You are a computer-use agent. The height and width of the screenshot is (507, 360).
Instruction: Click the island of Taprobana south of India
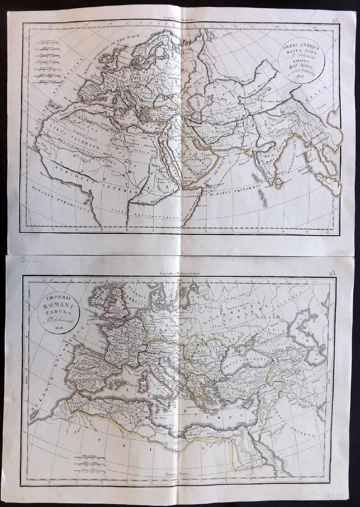pos(279,183)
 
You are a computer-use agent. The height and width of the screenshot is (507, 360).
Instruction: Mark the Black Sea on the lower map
pos(244,364)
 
